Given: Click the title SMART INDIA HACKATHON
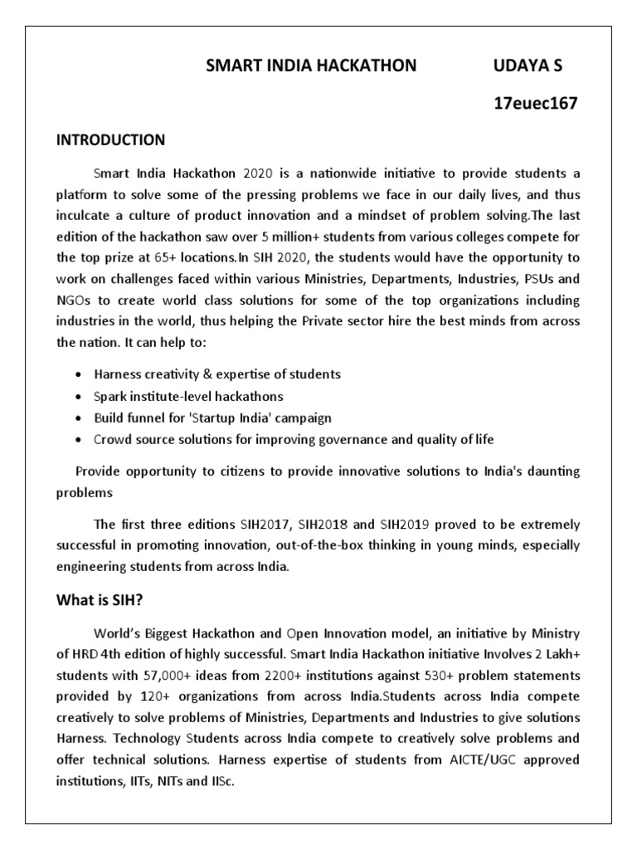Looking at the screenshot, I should [311, 66].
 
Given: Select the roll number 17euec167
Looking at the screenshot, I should [535, 104].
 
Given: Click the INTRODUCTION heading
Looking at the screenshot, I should [110, 139].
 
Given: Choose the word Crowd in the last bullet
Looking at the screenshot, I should [113, 439].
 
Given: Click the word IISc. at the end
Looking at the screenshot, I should [223, 780].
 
